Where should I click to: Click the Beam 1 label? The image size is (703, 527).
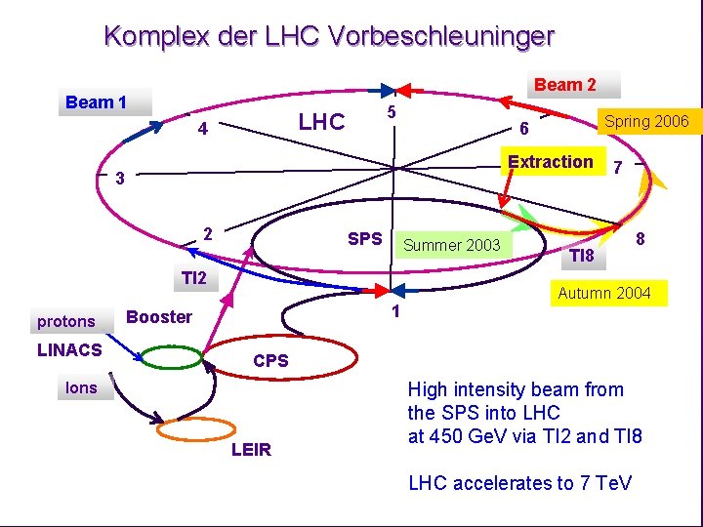click(x=96, y=102)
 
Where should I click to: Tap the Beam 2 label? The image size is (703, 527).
click(x=565, y=85)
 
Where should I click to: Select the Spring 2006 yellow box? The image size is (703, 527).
click(x=645, y=122)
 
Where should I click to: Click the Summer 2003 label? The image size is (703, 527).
click(x=451, y=245)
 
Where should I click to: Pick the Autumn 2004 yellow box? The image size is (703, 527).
click(x=604, y=293)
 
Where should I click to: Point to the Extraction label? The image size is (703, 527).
click(x=551, y=162)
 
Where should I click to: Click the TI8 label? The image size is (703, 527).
click(x=582, y=257)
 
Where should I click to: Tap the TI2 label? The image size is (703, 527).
click(x=194, y=279)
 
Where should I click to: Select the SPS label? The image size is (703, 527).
click(x=365, y=239)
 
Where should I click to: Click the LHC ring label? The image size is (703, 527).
click(x=321, y=122)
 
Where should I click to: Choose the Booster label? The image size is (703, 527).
click(x=159, y=316)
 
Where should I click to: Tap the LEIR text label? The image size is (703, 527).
click(x=251, y=450)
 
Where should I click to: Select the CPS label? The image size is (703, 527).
click(x=270, y=361)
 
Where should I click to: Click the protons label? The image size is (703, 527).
click(x=66, y=321)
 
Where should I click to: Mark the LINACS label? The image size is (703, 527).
click(x=68, y=350)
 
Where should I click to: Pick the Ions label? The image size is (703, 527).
click(x=81, y=388)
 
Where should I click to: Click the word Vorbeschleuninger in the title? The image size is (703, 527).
click(x=442, y=37)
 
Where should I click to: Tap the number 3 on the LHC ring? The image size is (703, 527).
click(x=119, y=179)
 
